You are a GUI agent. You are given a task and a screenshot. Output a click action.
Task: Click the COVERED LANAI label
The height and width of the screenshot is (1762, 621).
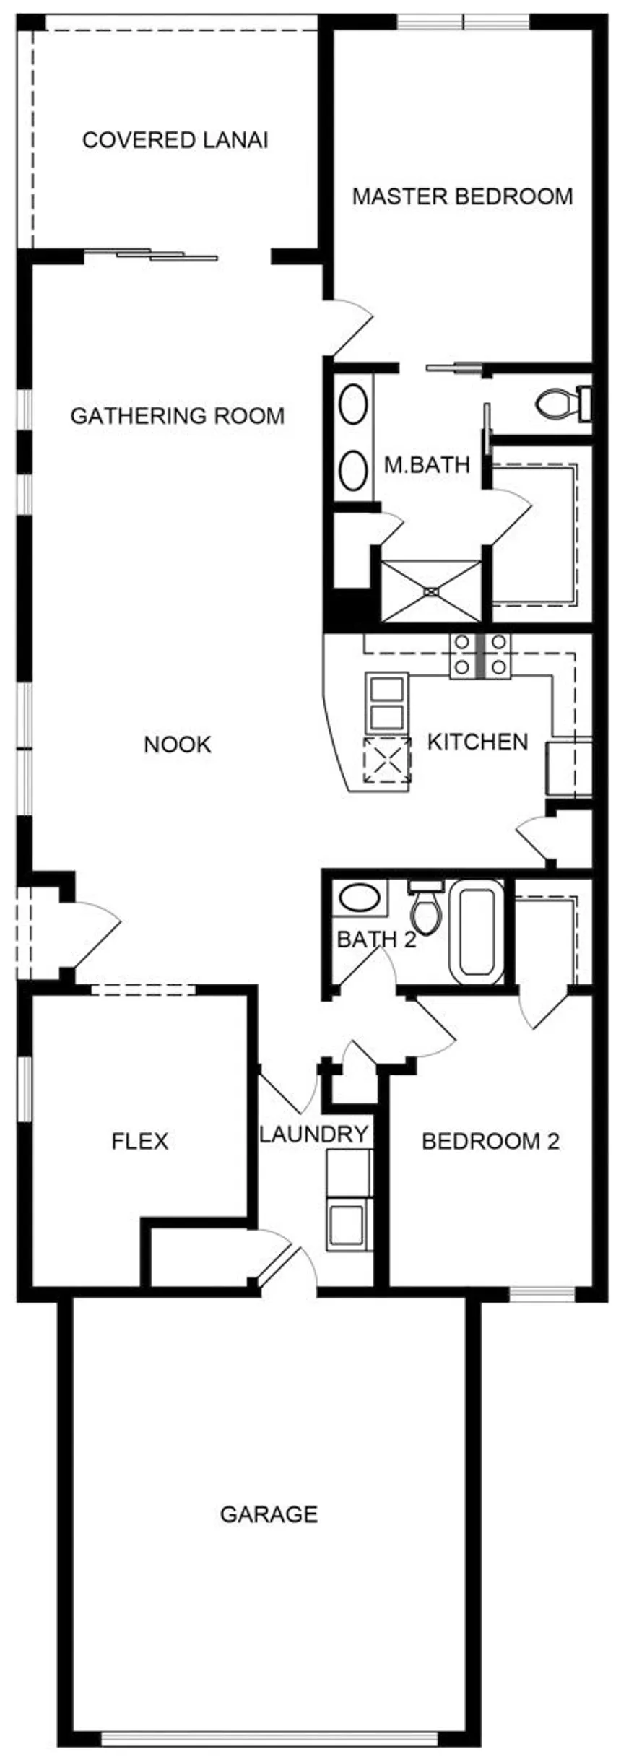175,140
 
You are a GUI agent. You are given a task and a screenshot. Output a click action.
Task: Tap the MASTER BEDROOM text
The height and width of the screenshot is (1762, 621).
462,196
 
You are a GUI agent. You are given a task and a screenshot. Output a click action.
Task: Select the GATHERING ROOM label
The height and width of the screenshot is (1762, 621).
178,416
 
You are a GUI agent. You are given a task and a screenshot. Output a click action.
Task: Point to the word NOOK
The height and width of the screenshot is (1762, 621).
178,745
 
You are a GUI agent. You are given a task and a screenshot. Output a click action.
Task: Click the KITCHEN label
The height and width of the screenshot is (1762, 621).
477,742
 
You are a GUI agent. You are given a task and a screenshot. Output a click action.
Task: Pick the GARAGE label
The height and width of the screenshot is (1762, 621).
269,1514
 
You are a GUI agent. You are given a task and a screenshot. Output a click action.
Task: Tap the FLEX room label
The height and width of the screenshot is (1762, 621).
140,1141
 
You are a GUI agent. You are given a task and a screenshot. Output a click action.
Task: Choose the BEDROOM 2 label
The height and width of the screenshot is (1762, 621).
490,1141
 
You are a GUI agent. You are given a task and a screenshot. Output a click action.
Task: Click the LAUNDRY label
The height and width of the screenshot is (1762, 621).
314,1134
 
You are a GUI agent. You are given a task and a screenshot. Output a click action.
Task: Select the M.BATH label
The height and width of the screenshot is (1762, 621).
427,464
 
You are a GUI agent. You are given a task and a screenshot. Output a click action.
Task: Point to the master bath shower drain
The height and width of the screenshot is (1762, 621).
431,592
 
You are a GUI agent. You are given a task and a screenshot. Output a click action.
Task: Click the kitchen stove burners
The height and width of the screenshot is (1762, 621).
479,656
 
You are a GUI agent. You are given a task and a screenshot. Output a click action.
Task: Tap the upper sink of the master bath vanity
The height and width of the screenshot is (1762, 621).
353,404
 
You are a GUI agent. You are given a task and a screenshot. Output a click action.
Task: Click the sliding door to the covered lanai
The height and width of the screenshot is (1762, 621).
151,254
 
